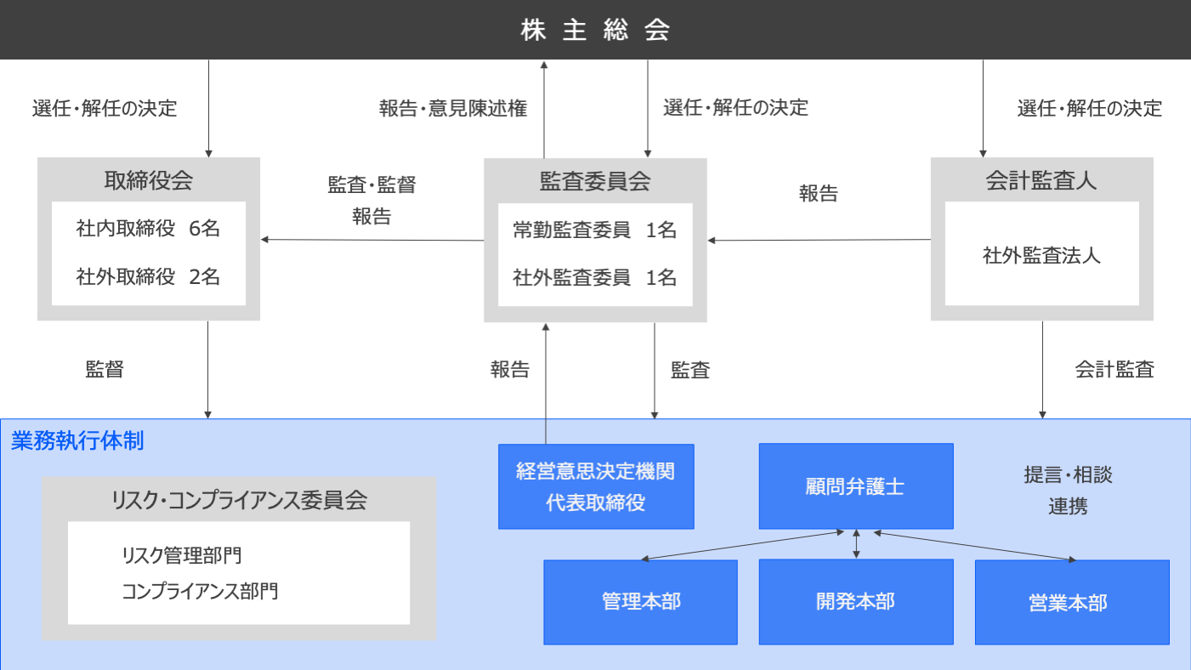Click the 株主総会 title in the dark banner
tap(595, 30)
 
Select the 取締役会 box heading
tap(148, 181)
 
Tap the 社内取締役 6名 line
tap(148, 228)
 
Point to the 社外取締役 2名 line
tap(148, 276)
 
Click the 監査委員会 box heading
tap(595, 181)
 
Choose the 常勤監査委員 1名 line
tap(594, 230)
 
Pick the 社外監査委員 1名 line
tap(594, 277)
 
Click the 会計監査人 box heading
tap(1041, 181)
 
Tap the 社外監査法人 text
tap(1041, 256)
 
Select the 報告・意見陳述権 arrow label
tap(453, 109)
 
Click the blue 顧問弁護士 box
tap(856, 486)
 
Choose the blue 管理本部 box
tap(641, 602)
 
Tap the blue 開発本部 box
tap(856, 602)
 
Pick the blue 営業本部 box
tap(1072, 602)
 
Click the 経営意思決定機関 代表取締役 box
tap(596, 486)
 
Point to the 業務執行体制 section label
tap(77, 440)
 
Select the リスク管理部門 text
tap(182, 556)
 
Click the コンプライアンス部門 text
tap(200, 591)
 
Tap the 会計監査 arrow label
tap(1114, 370)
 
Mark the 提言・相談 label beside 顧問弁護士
tap(1069, 474)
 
